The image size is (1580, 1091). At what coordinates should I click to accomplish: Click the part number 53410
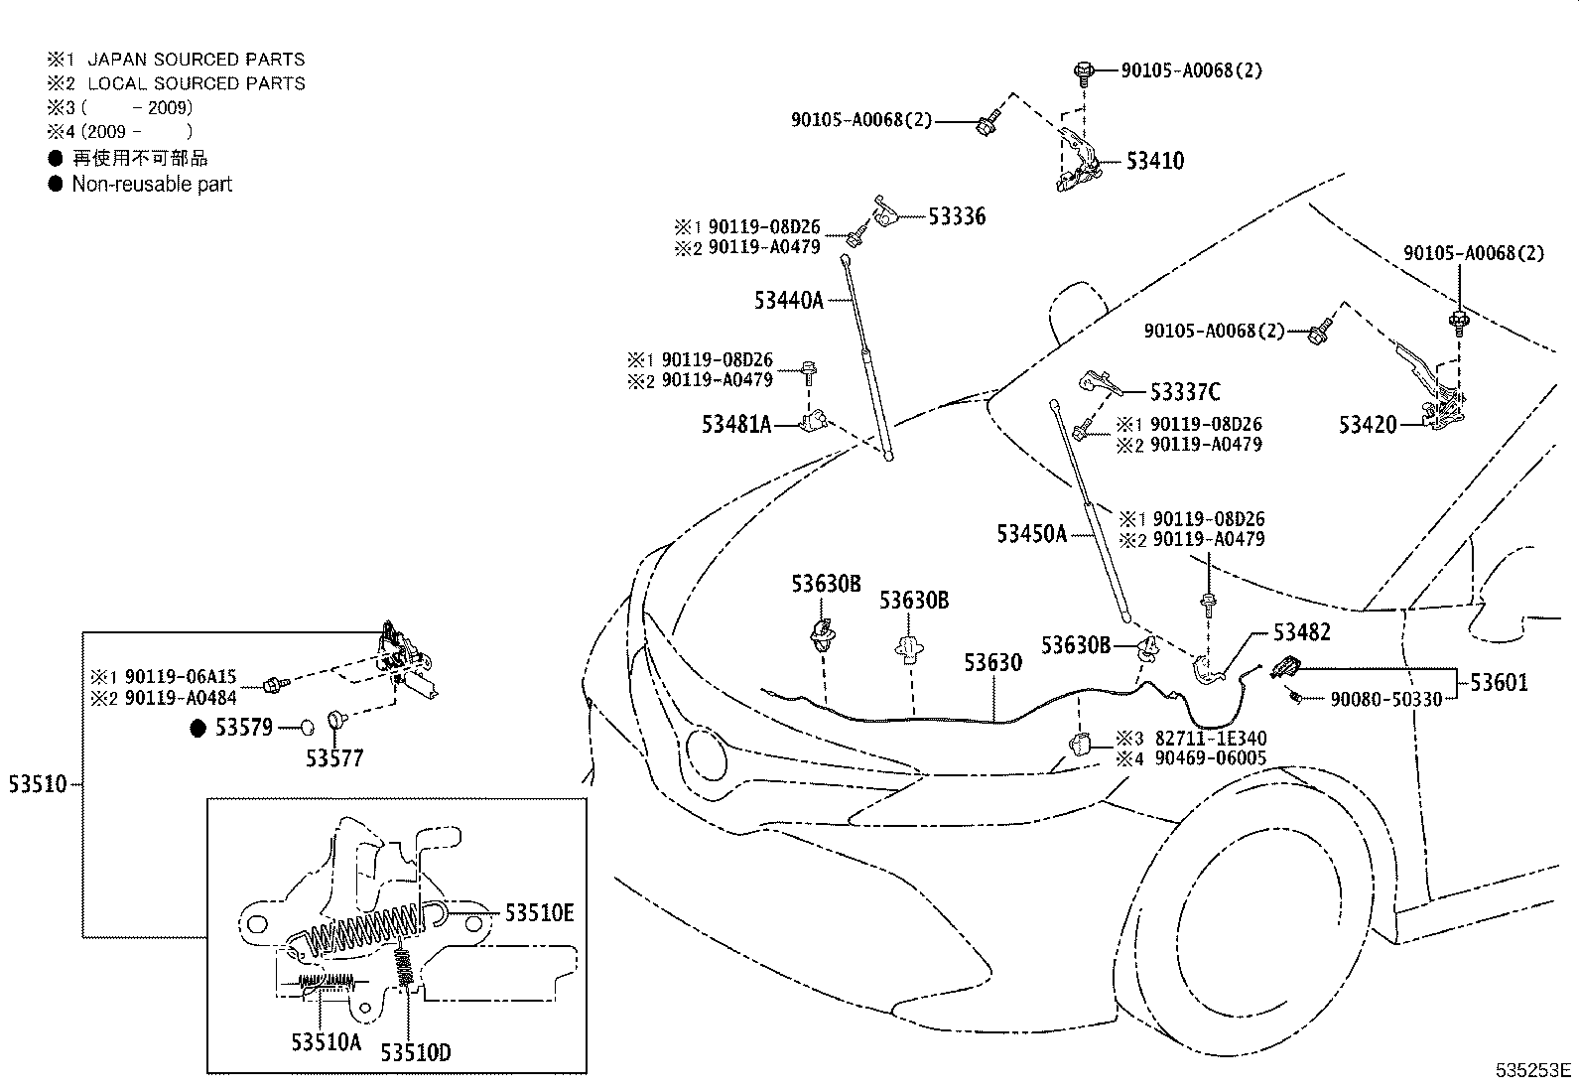pos(1154,161)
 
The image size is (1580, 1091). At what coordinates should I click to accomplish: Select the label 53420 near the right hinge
pos(1367,425)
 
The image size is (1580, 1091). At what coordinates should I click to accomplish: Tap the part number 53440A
pos(788,300)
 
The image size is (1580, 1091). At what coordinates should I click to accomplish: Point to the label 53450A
pos(1031,534)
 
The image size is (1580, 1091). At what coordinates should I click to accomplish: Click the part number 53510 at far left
pos(38,784)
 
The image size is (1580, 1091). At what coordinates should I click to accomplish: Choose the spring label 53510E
pos(539,912)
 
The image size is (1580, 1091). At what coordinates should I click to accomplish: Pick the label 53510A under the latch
pos(326,1041)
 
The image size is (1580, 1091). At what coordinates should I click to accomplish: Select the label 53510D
pos(415,1051)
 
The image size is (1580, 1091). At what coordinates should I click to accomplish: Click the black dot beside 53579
pos(197,729)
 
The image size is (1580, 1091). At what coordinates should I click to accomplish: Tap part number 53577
pos(334,758)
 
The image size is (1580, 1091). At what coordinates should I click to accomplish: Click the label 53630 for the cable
pos(992,662)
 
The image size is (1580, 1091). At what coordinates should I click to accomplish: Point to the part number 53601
pos(1499,682)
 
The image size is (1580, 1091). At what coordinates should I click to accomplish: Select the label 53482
pos(1302,632)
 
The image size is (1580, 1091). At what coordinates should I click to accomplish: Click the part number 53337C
pos(1185,392)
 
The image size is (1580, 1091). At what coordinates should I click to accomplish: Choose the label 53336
pos(957,216)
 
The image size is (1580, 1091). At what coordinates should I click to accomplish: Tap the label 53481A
pos(736,424)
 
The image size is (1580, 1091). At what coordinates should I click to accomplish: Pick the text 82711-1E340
pos(1210,739)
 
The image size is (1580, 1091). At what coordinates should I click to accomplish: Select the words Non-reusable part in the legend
pos(152,184)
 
